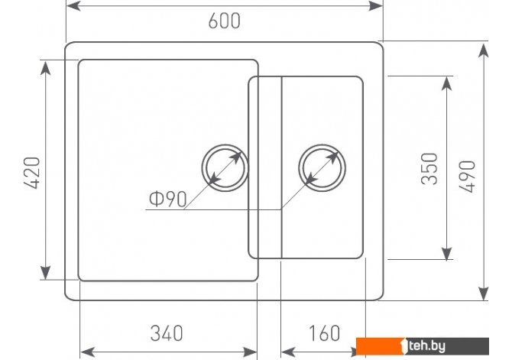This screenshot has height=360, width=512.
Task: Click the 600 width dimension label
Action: tap(225, 21)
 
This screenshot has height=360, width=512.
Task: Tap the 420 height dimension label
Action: tap(32, 173)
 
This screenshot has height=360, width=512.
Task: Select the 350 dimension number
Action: tap(429, 169)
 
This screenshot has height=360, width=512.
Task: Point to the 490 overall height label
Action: tap(467, 177)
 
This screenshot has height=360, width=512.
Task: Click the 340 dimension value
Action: tap(167, 333)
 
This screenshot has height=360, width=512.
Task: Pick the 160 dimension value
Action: tap(324, 333)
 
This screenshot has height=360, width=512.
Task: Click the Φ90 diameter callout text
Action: tap(168, 199)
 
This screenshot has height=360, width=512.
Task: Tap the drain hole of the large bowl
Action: tap(225, 168)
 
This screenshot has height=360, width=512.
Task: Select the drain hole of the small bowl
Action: tap(322, 168)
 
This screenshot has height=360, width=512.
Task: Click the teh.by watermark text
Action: tap(426, 346)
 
